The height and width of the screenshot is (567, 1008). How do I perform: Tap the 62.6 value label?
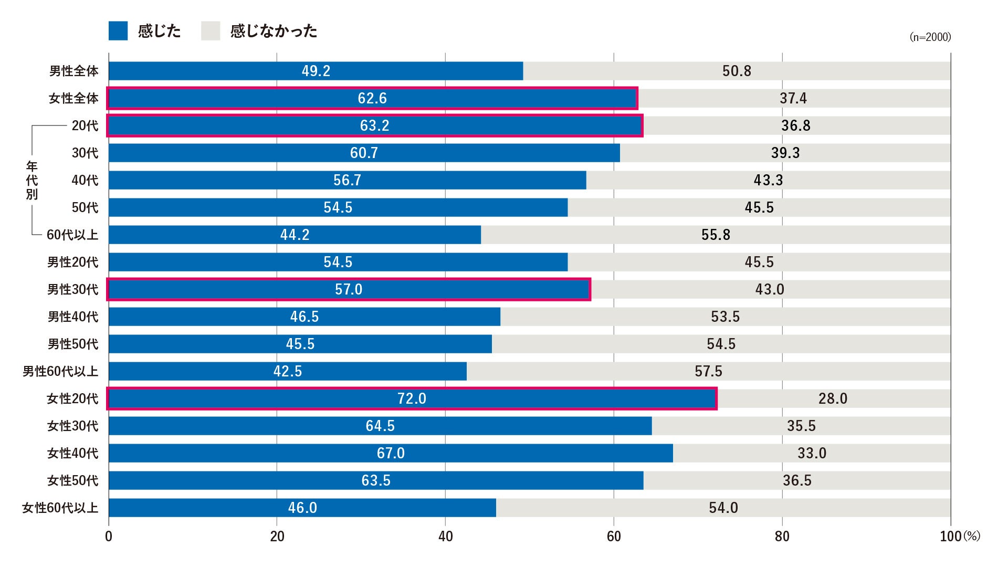point(372,98)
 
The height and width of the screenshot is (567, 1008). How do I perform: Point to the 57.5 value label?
point(708,371)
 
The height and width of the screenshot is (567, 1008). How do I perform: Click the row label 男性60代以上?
point(60,371)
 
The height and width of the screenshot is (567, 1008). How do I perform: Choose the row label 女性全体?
point(73,98)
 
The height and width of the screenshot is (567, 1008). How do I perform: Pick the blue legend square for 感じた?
point(118,31)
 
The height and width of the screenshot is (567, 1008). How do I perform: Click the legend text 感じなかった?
point(274,31)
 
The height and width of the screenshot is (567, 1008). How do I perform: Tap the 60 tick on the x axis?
point(614,536)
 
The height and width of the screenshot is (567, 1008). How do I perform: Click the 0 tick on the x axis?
point(109,536)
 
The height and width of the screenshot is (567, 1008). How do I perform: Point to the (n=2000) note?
point(930,37)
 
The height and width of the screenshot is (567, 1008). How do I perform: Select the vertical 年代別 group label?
point(32,180)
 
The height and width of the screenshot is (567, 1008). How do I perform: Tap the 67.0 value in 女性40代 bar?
point(391,453)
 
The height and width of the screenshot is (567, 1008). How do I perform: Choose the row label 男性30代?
point(72,289)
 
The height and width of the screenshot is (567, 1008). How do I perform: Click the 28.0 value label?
point(833,398)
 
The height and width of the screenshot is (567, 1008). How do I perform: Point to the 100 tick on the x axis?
point(950,536)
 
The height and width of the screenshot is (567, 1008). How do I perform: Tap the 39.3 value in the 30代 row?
point(785,153)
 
